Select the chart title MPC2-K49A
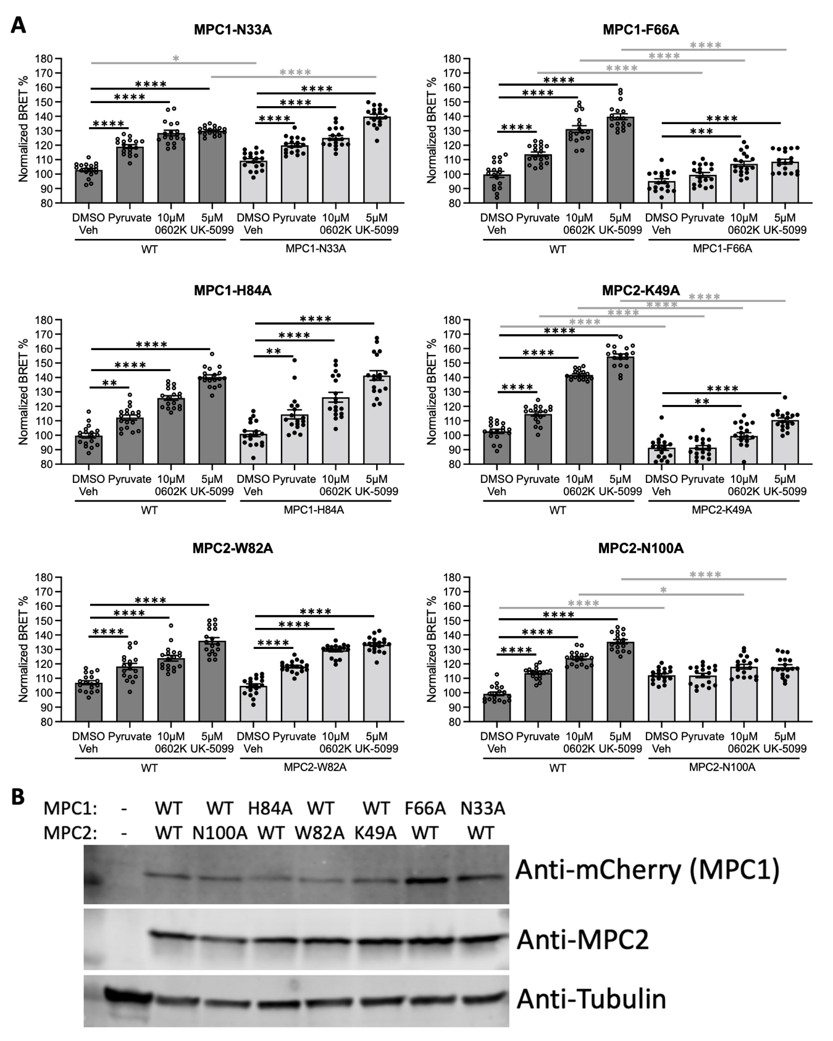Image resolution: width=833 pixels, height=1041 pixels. click(x=640, y=290)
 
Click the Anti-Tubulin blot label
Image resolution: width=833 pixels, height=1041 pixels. click(x=591, y=998)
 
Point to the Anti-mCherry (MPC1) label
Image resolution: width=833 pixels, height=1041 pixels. click(x=647, y=870)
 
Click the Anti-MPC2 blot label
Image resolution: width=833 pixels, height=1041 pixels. click(x=582, y=940)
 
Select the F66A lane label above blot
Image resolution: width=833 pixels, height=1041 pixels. click(x=424, y=808)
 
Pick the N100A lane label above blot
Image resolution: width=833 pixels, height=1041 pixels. click(x=219, y=833)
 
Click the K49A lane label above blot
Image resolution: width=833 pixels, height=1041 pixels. click(x=375, y=833)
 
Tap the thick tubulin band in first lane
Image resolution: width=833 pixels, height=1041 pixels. click(x=128, y=995)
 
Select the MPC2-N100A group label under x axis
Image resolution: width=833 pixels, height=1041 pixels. click(x=722, y=768)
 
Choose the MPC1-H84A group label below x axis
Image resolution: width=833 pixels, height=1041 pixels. click(x=314, y=510)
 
